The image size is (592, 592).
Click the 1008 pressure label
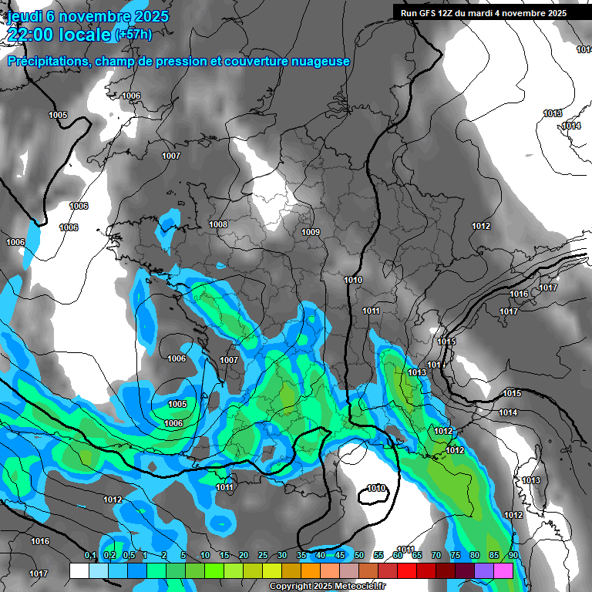(x=219, y=224)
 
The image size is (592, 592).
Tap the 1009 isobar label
(x=311, y=232)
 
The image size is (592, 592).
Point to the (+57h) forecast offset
(x=133, y=35)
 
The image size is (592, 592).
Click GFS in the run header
(x=427, y=13)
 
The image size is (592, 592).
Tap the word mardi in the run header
(x=482, y=13)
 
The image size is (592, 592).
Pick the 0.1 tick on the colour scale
(x=89, y=556)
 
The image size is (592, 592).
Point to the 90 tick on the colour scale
(x=513, y=556)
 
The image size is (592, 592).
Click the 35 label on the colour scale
(x=301, y=556)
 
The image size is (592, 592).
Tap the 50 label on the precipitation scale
(x=359, y=556)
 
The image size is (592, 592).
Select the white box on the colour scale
(x=79, y=570)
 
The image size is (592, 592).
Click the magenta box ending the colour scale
(x=503, y=570)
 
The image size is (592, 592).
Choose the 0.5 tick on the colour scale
(x=128, y=556)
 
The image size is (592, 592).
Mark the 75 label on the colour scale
(x=456, y=556)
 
